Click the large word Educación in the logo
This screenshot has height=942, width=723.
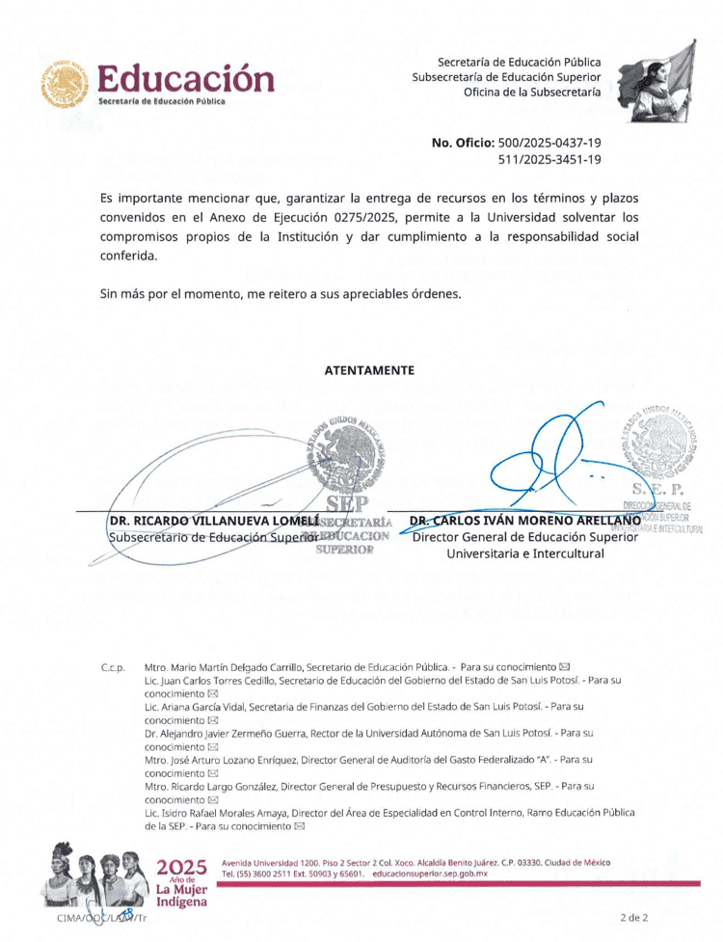point(185,75)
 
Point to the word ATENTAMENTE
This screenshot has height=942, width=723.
point(369,370)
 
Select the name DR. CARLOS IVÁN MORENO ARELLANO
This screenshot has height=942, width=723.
point(525,522)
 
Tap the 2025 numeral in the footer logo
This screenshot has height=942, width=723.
point(181,867)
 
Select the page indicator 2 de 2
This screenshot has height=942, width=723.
point(634,918)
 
